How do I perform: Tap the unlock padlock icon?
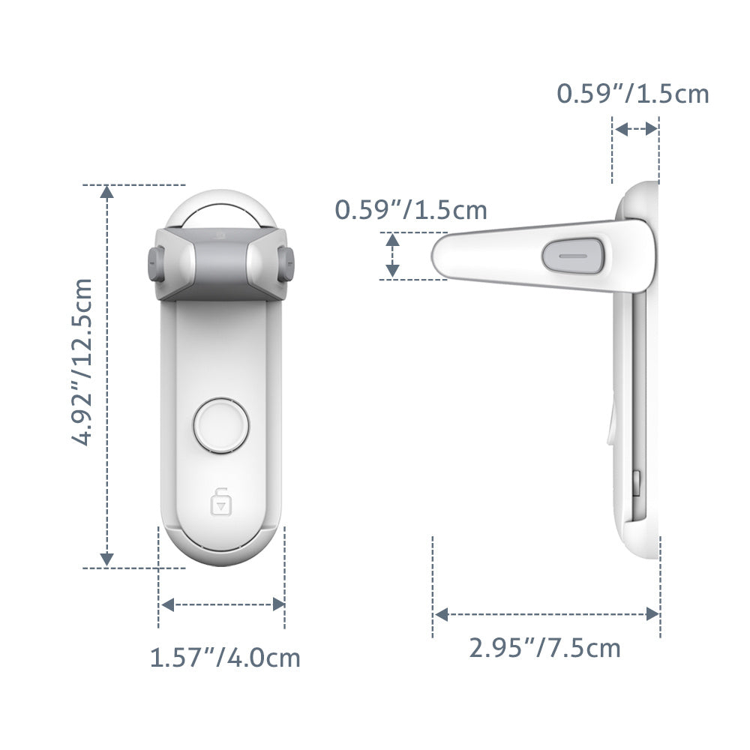coord(220,502)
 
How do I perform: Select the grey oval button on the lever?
coord(574,255)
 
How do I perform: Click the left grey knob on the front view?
coord(155,264)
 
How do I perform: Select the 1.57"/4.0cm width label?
coord(225,658)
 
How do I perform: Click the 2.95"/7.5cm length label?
coord(545,647)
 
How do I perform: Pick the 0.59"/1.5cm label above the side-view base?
coord(632,94)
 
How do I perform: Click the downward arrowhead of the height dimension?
coord(107,558)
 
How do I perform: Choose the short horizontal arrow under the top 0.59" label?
coord(635,129)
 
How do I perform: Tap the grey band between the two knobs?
coord(220,262)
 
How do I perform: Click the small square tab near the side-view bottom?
coord(636,484)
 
